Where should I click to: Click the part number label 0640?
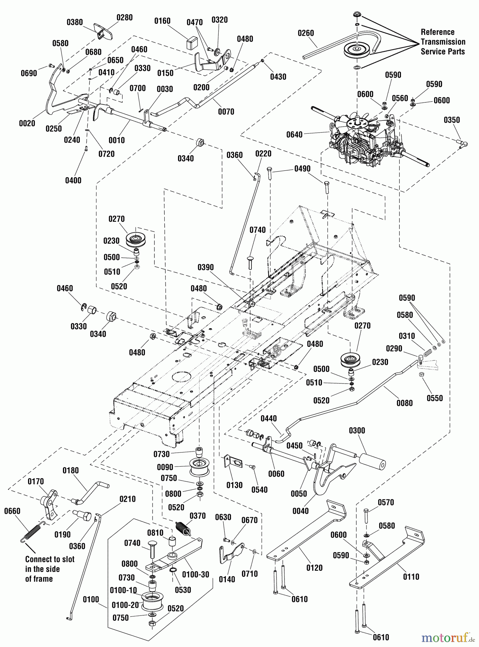click(x=294, y=135)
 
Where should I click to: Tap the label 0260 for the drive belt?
click(x=306, y=33)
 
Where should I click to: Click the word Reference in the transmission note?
click(x=437, y=32)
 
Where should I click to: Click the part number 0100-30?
click(x=195, y=574)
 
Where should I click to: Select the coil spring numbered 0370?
click(x=183, y=528)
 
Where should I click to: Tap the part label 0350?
click(x=452, y=120)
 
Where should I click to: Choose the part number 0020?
click(x=27, y=124)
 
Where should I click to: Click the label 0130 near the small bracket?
click(x=234, y=485)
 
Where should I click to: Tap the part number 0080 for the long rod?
click(x=405, y=403)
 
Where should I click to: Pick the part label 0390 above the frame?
click(x=205, y=267)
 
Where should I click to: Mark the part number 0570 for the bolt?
click(x=386, y=503)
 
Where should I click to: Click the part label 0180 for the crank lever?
click(x=70, y=471)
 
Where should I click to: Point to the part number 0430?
click(x=278, y=77)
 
